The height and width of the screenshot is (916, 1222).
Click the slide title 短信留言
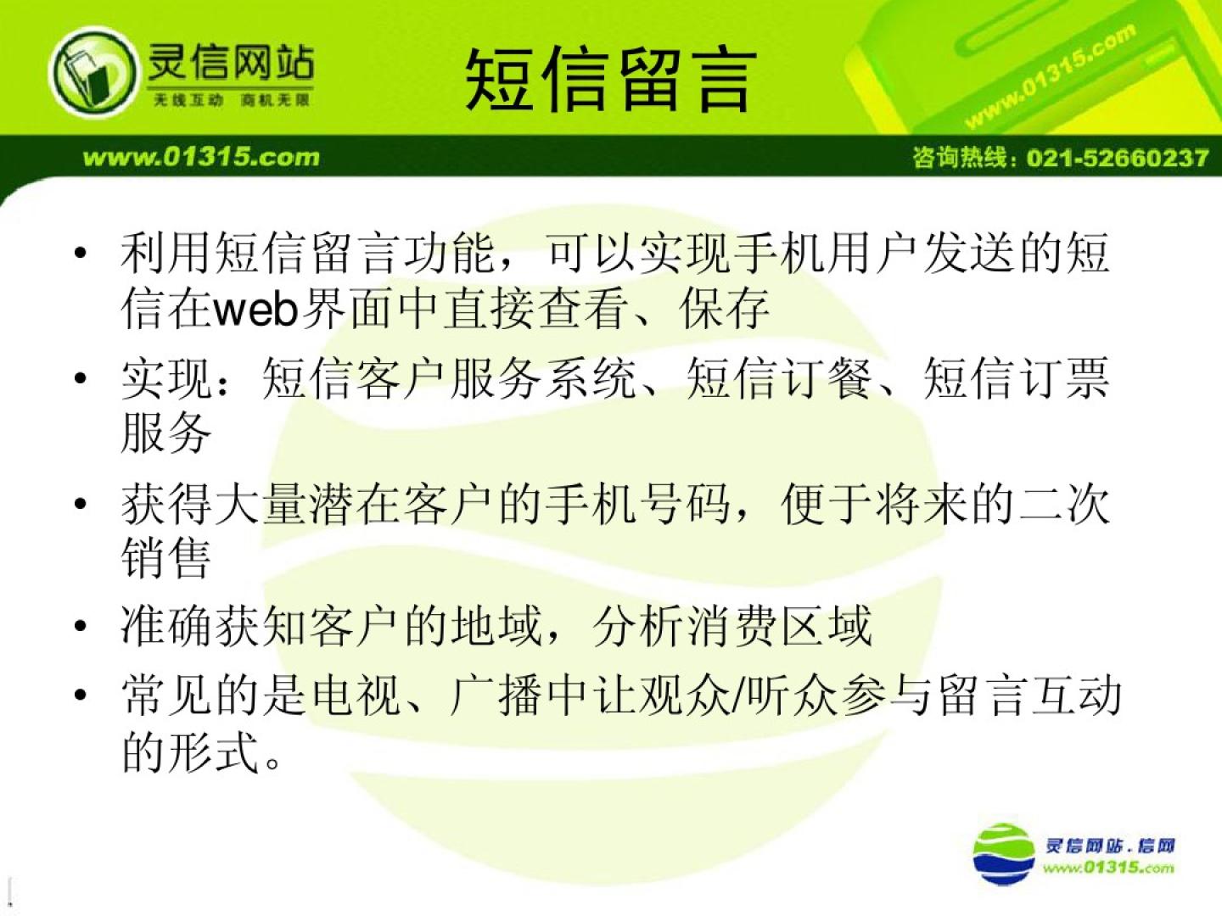611,80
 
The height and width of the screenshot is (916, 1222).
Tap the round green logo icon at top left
93,72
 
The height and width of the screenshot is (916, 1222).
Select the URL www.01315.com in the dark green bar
201,157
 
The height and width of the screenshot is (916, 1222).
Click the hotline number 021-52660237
1118,158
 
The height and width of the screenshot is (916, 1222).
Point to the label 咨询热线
961,158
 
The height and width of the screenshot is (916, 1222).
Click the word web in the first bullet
257,310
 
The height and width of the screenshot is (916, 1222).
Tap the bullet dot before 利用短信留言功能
81,254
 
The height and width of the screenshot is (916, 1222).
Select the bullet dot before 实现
81,379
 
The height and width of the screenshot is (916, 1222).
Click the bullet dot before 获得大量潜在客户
81,504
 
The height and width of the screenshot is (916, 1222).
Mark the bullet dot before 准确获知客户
81,626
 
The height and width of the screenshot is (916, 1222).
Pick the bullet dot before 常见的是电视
81,695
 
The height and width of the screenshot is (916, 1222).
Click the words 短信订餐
779,378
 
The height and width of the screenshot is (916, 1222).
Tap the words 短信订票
1016,378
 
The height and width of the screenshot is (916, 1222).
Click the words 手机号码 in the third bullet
637,504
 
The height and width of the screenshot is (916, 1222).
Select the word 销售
165,558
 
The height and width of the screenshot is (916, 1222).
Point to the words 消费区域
779,626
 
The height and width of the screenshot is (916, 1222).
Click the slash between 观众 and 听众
738,695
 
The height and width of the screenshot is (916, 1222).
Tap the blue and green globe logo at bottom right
1004,854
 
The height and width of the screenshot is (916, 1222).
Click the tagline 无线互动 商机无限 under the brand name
231,100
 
